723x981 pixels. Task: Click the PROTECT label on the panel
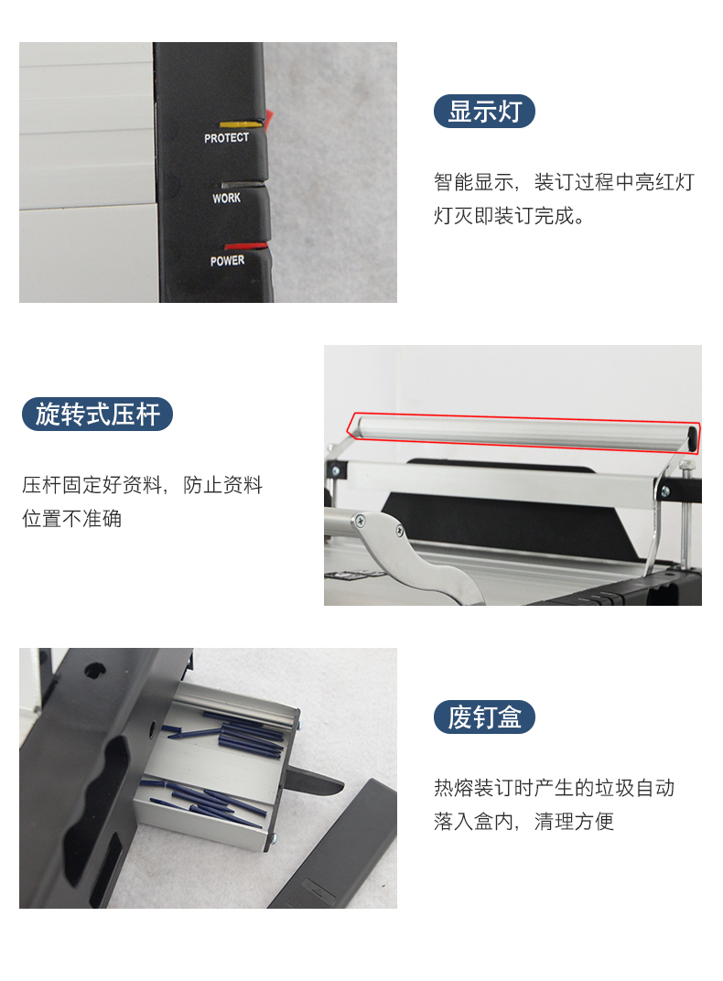pyautogui.click(x=226, y=137)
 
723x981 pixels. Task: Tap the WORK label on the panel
pyautogui.click(x=226, y=199)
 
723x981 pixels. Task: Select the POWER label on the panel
pyautogui.click(x=227, y=260)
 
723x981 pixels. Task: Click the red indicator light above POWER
pyautogui.click(x=245, y=246)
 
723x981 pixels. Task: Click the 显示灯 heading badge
pyautogui.click(x=484, y=112)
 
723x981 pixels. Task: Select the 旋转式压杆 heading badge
pyautogui.click(x=97, y=415)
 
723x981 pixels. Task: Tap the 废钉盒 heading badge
pyautogui.click(x=484, y=717)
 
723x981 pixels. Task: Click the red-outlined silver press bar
pyautogui.click(x=524, y=432)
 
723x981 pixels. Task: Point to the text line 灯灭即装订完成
pyautogui.click(x=510, y=216)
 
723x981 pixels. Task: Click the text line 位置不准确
pyautogui.click(x=72, y=519)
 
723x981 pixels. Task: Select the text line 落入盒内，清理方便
pyautogui.click(x=524, y=822)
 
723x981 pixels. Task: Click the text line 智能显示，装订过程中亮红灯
pyautogui.click(x=564, y=182)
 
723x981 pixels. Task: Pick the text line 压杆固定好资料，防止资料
pyautogui.click(x=142, y=485)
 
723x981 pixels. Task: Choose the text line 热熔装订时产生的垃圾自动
pyautogui.click(x=554, y=788)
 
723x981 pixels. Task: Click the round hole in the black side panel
pyautogui.click(x=95, y=671)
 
